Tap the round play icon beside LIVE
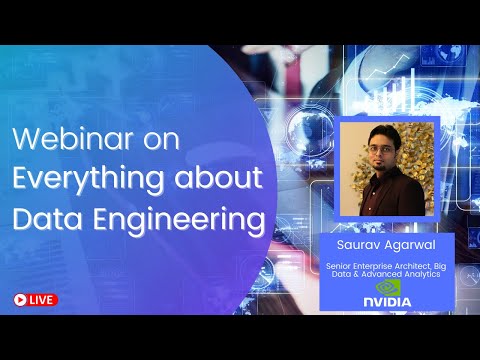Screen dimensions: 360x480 [x=20, y=299]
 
